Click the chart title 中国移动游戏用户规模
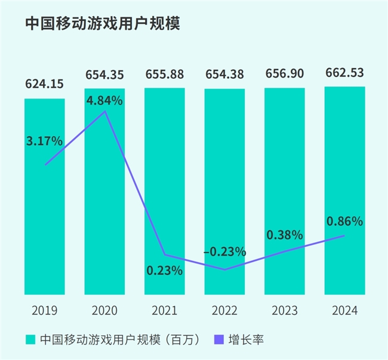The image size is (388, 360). click(x=102, y=24)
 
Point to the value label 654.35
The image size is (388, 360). click(x=104, y=74)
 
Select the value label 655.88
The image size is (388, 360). click(x=165, y=74)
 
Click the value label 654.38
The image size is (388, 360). click(x=224, y=74)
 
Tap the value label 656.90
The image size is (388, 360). click(x=284, y=74)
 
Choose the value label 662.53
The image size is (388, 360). click(x=344, y=73)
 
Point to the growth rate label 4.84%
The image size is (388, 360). click(x=104, y=100)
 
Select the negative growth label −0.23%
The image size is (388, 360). click(x=224, y=251)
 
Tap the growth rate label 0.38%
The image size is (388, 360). click(x=285, y=235)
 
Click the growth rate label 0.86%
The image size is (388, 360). click(x=344, y=221)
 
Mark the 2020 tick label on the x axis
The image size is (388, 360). click(x=104, y=311)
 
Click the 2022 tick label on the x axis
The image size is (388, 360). click(x=224, y=311)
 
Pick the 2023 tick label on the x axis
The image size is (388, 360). click(x=284, y=311)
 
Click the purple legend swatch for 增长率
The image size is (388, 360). click(x=218, y=340)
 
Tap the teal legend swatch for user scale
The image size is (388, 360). click(x=30, y=340)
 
